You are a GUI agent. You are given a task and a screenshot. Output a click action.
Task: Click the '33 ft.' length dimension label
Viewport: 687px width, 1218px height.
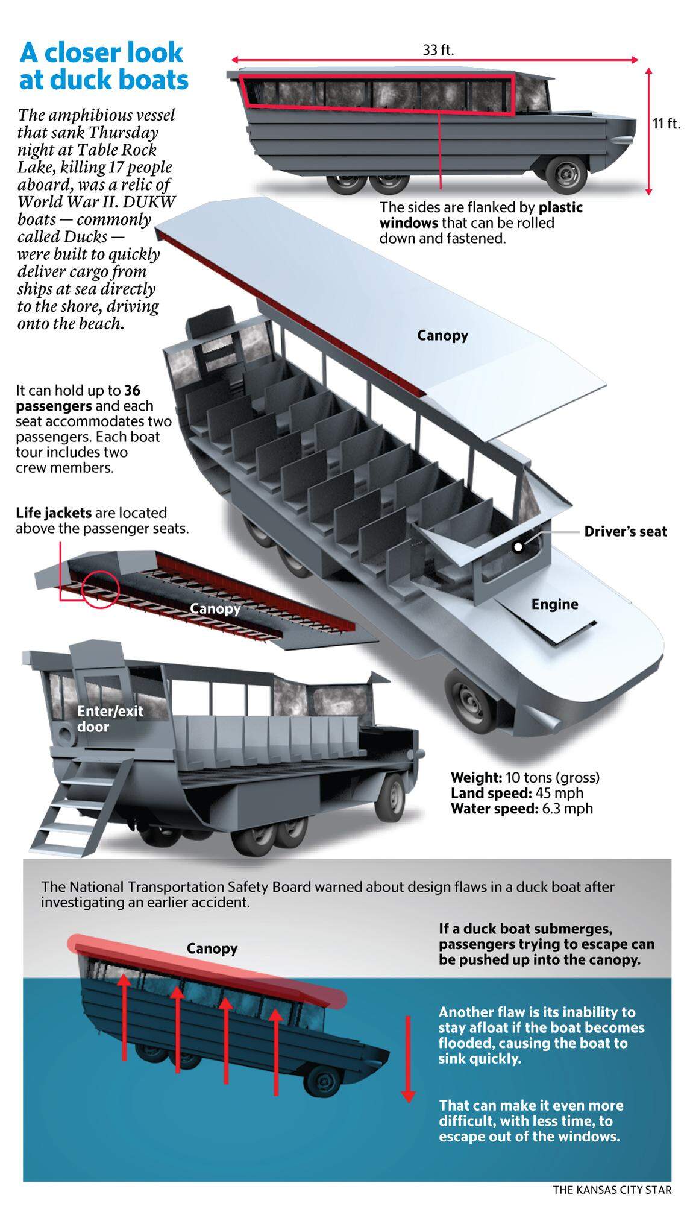(438, 50)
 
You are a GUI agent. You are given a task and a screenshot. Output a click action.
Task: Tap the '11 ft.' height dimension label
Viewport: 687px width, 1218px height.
(667, 124)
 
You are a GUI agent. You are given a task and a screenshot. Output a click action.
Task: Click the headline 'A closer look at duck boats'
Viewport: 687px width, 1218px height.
(104, 66)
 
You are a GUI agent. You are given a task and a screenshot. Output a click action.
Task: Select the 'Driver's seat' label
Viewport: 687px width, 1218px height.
(626, 531)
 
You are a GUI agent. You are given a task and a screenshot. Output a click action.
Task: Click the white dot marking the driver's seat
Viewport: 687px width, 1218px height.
(518, 547)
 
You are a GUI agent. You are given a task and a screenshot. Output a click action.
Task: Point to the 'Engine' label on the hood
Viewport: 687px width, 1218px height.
(554, 604)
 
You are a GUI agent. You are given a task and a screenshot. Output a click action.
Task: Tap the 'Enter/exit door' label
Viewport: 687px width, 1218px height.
(110, 719)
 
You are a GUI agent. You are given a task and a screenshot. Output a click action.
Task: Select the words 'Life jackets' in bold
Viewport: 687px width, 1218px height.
(54, 513)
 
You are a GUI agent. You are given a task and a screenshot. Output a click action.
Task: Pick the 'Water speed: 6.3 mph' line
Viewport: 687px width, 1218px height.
(521, 809)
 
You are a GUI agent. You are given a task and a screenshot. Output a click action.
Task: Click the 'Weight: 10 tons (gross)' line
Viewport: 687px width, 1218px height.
(525, 777)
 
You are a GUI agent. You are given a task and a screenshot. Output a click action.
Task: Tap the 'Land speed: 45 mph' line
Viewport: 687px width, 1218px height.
(516, 793)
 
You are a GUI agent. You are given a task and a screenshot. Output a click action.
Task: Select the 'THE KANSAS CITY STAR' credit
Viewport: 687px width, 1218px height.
(612, 1190)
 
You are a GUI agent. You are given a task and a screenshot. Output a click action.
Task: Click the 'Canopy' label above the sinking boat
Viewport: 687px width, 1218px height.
(212, 948)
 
